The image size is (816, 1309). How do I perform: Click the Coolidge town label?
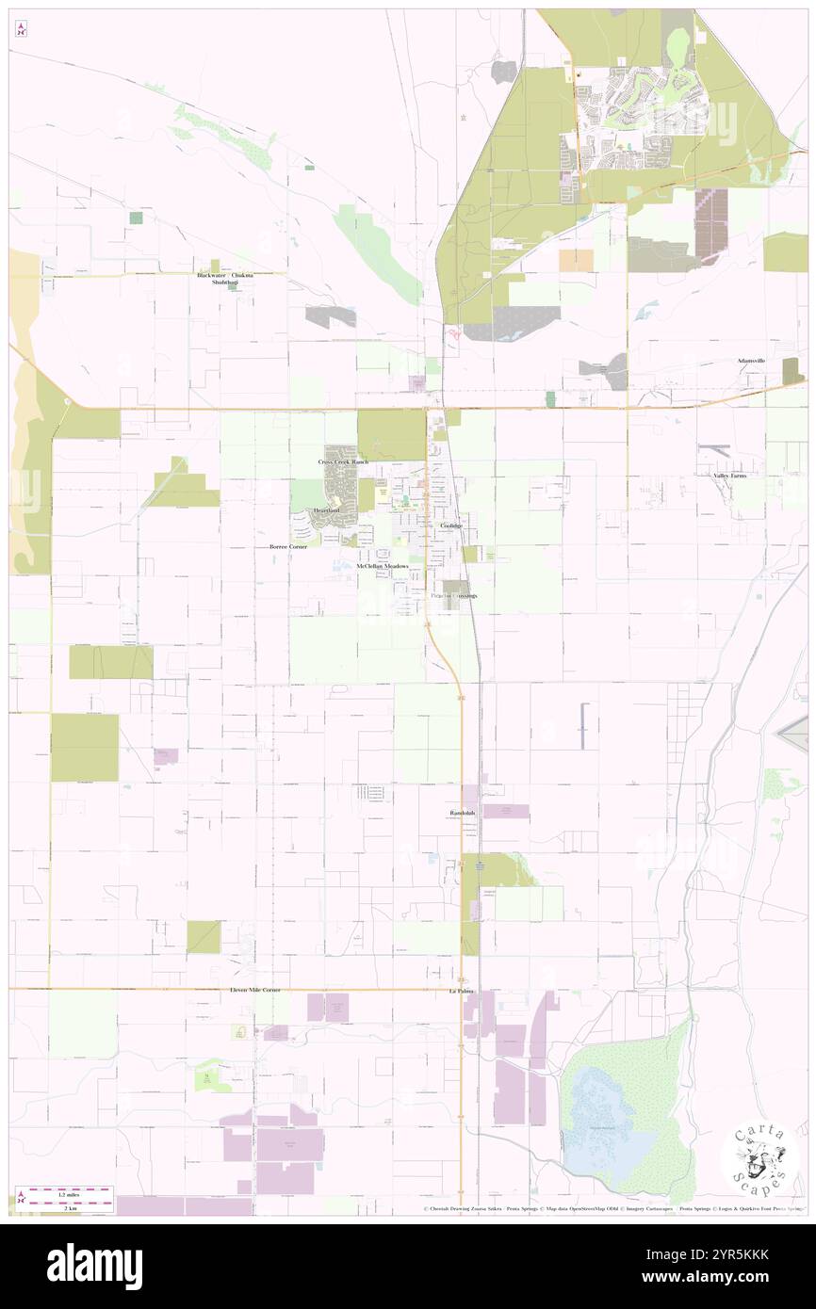[449, 525]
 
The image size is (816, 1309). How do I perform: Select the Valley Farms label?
[729, 477]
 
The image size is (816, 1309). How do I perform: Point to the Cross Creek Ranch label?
[342, 463]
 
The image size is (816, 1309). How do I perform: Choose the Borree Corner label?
[287, 546]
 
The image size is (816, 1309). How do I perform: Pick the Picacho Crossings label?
[453, 596]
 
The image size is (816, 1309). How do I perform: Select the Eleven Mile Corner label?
[254, 991]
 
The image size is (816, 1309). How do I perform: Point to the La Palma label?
[460, 992]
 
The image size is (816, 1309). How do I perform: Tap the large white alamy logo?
[94, 1265]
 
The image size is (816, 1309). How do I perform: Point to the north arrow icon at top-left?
[21, 28]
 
